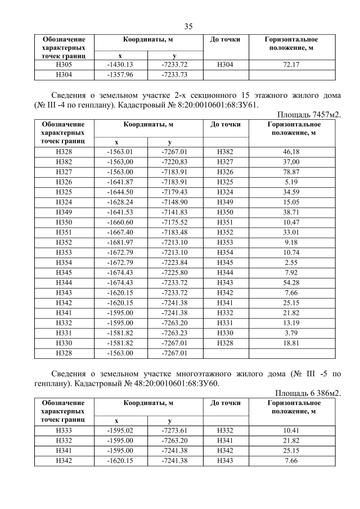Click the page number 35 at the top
[x=188, y=26]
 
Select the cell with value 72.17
[x=291, y=65]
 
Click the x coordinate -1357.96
[x=120, y=74]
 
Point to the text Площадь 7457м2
[x=310, y=114]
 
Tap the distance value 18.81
[x=291, y=343]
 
